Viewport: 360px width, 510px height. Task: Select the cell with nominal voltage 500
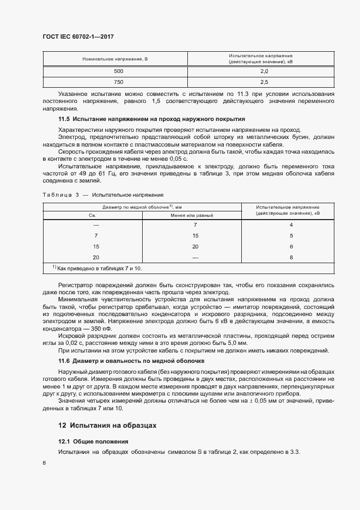[119, 71]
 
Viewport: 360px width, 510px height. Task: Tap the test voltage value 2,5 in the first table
[264, 82]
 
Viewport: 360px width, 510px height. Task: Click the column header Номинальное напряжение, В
[115, 58]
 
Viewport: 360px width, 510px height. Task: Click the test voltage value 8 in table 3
[291, 257]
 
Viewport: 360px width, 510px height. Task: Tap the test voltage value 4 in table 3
[291, 225]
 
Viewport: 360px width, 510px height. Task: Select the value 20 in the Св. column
[96, 257]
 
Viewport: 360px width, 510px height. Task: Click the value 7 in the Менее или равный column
[195, 225]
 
